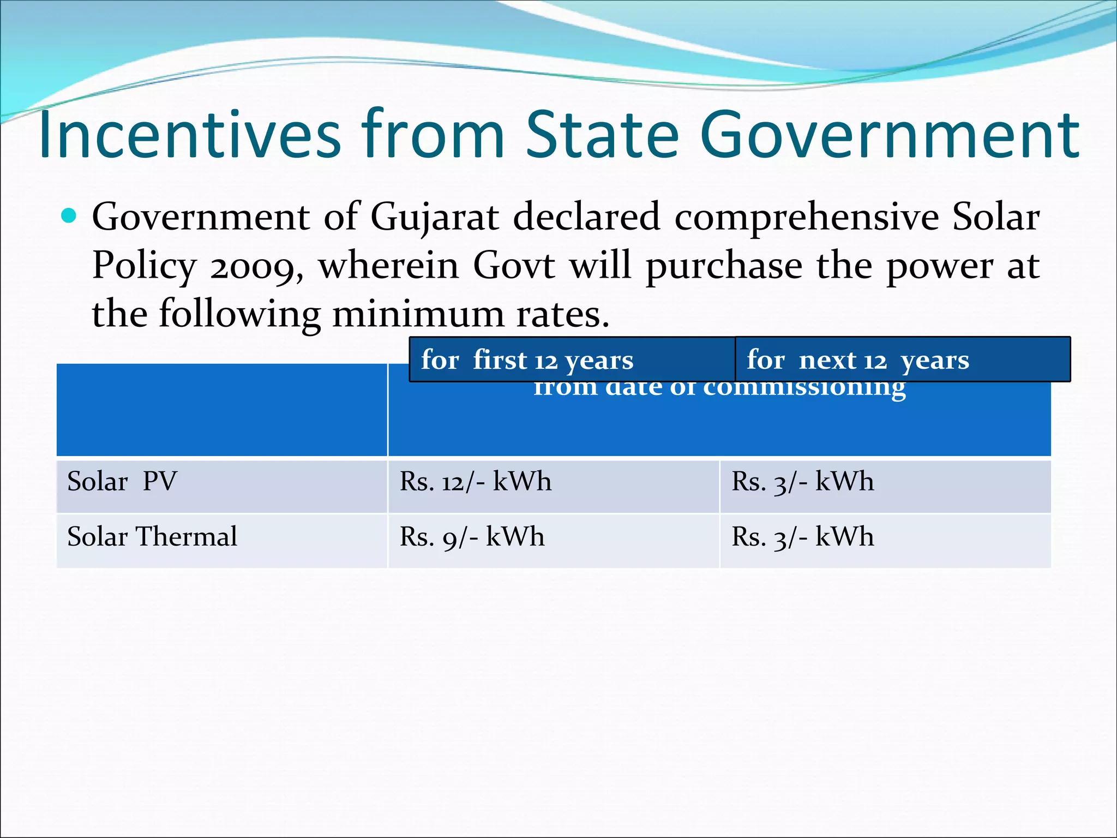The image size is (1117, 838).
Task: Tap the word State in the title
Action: pyautogui.click(x=603, y=134)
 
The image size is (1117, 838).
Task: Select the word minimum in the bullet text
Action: pyautogui.click(x=418, y=315)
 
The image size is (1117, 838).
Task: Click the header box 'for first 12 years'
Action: pyautogui.click(x=572, y=360)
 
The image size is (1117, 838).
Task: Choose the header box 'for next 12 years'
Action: pyautogui.click(x=902, y=360)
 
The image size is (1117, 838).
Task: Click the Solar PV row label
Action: pyautogui.click(x=122, y=482)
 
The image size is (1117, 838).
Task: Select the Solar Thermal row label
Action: pyautogui.click(x=152, y=537)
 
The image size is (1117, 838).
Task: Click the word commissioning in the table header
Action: pyautogui.click(x=804, y=388)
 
